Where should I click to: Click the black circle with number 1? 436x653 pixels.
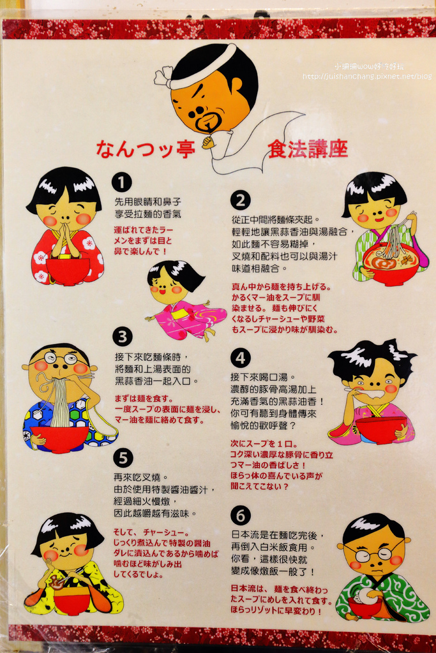pos(121,182)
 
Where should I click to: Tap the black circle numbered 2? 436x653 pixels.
pos(241,200)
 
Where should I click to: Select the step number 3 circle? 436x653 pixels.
pos(123,337)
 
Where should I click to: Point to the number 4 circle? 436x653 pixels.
pos(241,358)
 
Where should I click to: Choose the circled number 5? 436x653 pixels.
pos(123,458)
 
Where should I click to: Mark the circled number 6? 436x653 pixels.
pos(241,515)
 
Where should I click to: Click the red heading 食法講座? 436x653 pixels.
pos(308,149)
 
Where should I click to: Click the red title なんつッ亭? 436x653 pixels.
pos(146,149)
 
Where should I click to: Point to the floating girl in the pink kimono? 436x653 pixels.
pos(183,300)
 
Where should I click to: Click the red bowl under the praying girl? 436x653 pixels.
pos(68,270)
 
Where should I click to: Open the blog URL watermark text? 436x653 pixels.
pos(367,77)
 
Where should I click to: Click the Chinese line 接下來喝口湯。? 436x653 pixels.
pos(262,378)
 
